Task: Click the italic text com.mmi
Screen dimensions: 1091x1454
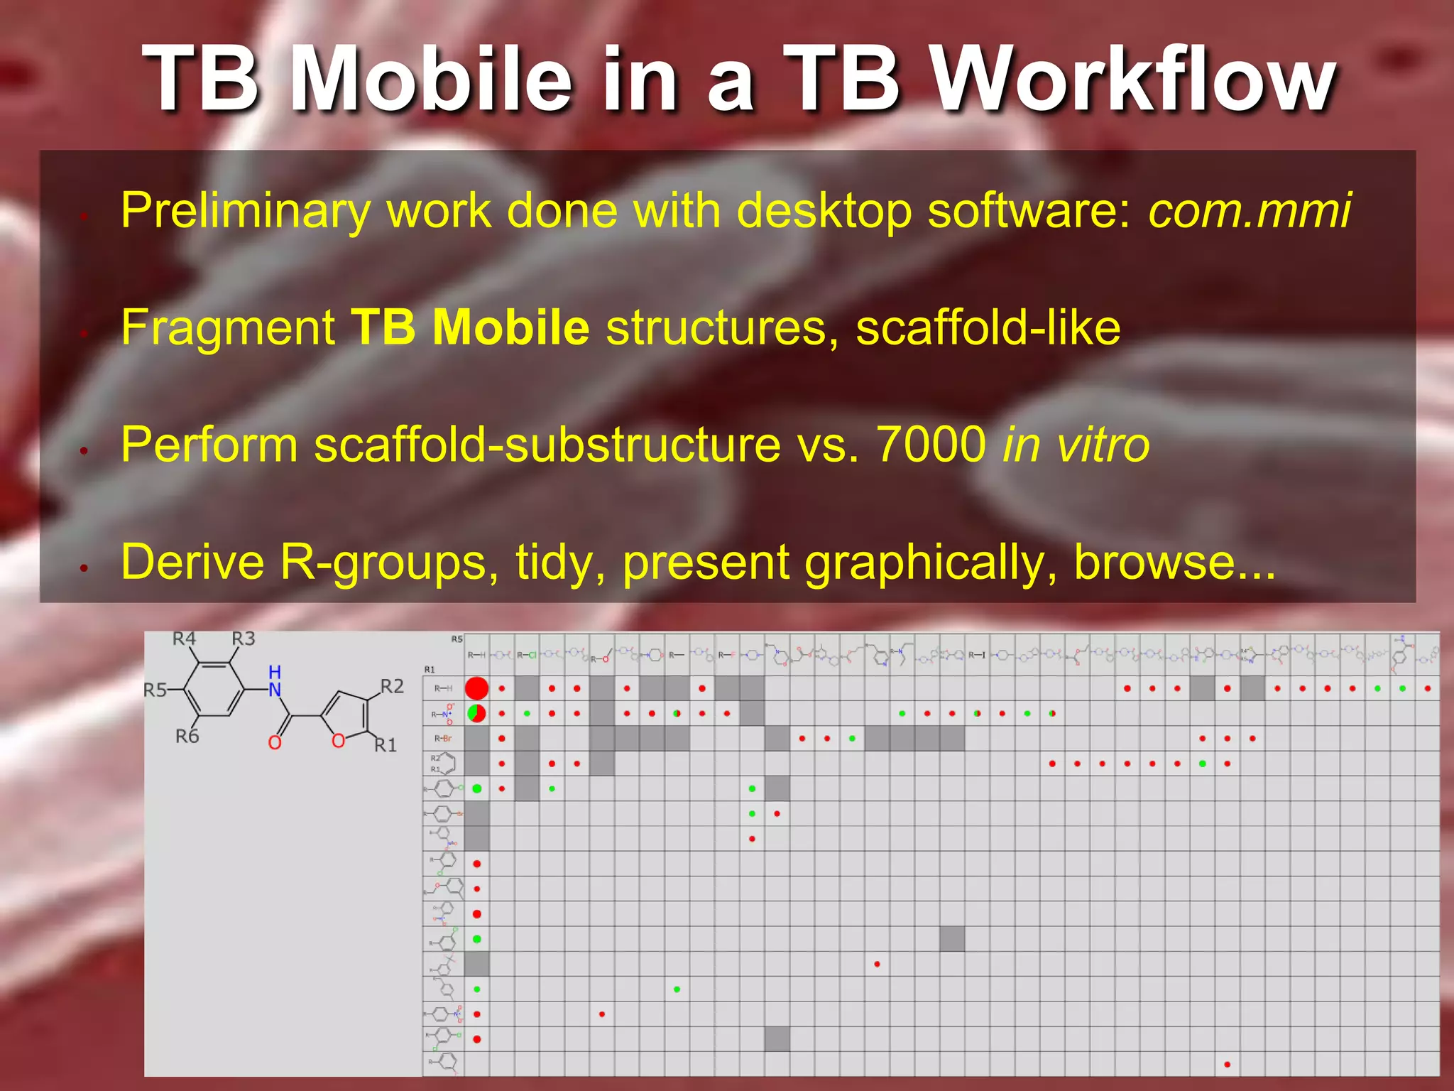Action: coord(1250,210)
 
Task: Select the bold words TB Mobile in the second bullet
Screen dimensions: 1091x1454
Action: coord(470,327)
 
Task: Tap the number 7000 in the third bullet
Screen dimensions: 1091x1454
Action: coord(931,445)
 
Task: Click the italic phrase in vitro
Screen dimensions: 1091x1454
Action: coord(1076,445)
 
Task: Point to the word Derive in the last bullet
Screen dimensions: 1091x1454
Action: coord(192,562)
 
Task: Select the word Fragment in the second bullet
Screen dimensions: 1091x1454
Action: coord(228,327)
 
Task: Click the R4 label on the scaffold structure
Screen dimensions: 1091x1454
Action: coord(185,639)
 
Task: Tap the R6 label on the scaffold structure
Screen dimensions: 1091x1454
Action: coord(187,737)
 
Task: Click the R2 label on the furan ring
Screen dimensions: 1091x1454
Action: coord(392,686)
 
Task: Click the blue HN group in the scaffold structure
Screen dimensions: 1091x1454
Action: coord(275,680)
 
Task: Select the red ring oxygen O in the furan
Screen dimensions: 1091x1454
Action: coord(339,741)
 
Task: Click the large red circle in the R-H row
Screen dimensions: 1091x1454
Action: coord(476,688)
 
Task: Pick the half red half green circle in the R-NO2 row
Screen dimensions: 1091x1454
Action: coord(476,713)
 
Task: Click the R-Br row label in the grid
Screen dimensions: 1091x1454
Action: coord(442,739)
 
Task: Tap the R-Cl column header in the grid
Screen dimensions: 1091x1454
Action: coord(527,655)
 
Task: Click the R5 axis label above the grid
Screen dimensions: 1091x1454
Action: coord(457,639)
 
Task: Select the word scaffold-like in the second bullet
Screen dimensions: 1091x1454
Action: coord(988,327)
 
